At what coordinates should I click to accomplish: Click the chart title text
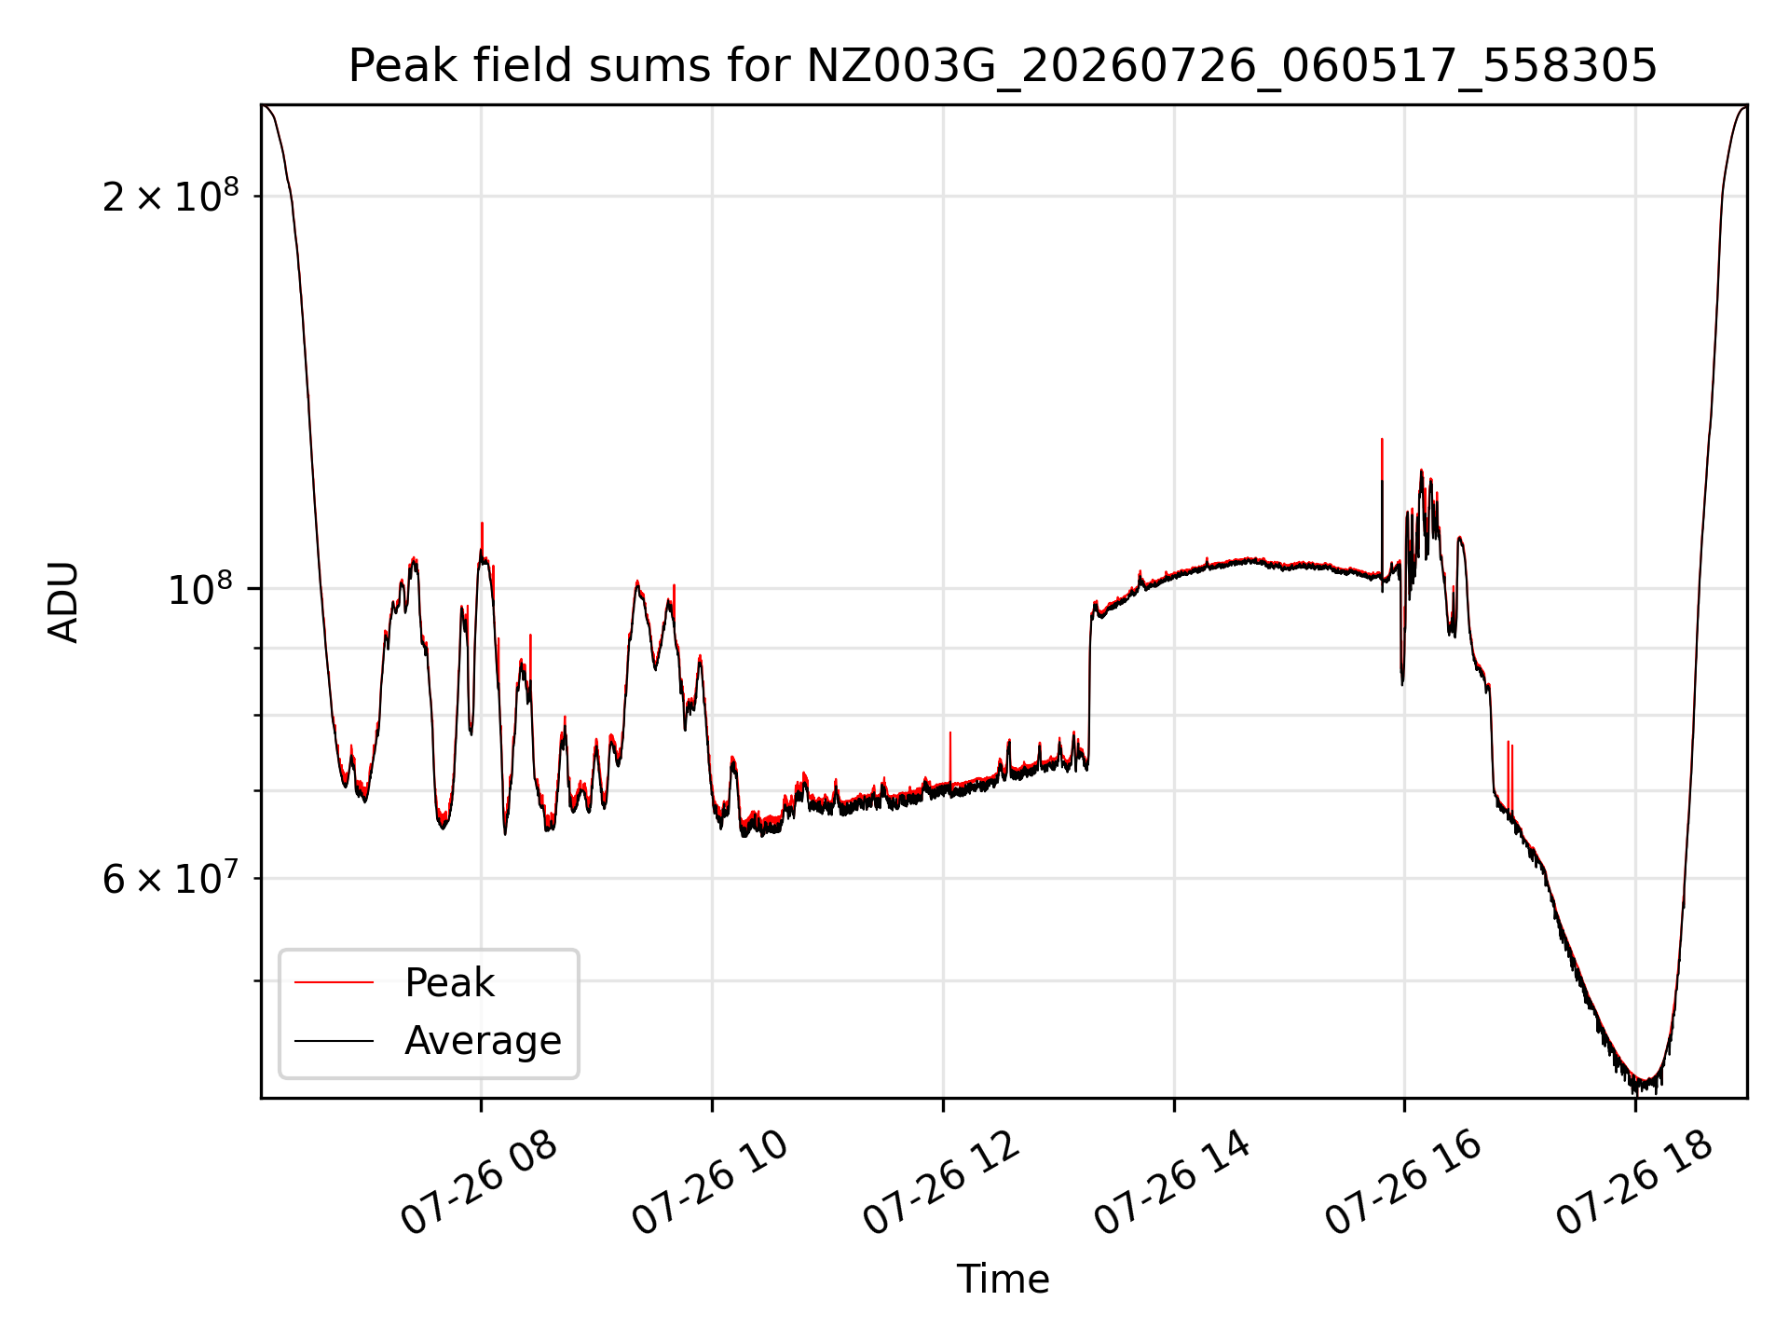[1003, 66]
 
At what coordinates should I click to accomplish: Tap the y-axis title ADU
[63, 602]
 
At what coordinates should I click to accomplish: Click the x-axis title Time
[1003, 1280]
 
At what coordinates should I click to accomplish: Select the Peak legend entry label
[449, 983]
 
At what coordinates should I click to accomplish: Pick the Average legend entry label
[483, 1041]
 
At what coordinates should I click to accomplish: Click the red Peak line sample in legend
[334, 982]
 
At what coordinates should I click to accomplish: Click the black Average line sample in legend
[334, 1040]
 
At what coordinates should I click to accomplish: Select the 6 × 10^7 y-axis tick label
[171, 878]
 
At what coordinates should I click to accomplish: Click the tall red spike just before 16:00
[1382, 459]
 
